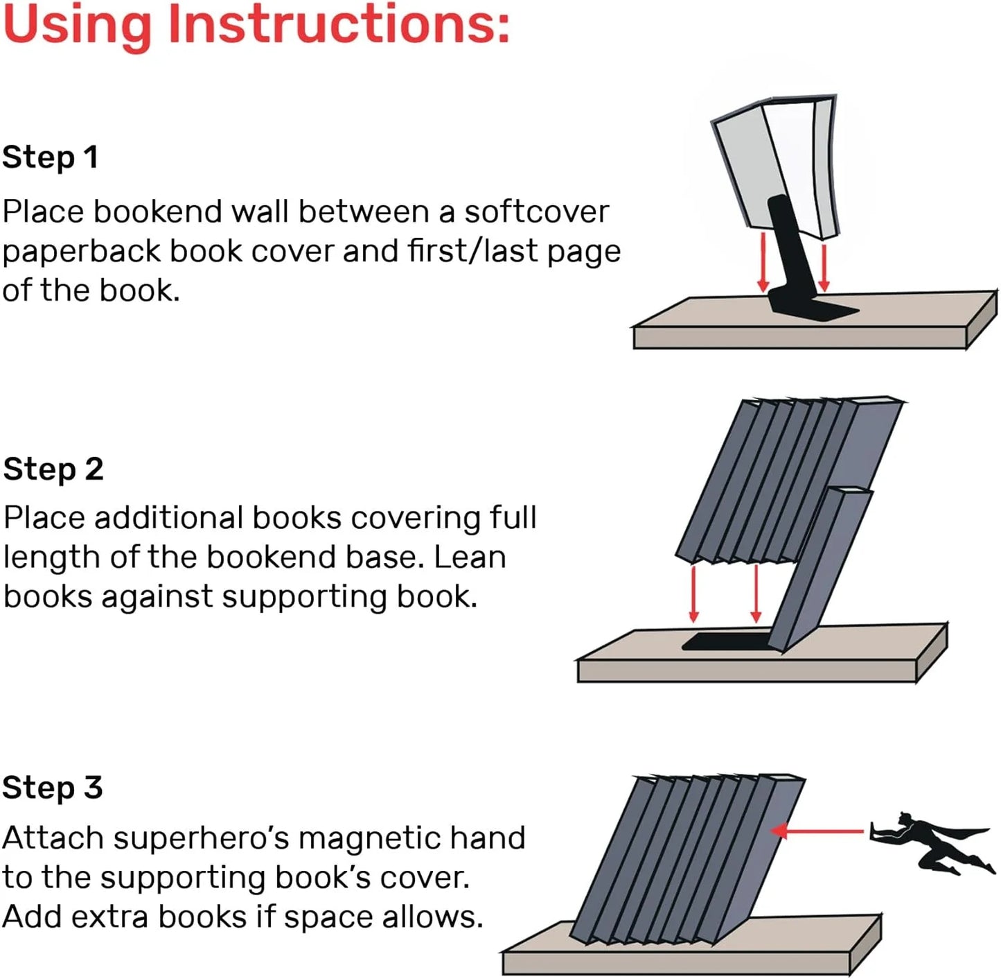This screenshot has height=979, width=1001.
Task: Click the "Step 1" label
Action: click(x=50, y=157)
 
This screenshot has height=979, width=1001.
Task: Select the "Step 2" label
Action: click(x=53, y=469)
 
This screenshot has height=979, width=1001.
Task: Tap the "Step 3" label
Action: click(x=53, y=788)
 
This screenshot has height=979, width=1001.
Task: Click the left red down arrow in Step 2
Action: click(x=693, y=593)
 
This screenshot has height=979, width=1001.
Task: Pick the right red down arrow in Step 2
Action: click(x=756, y=593)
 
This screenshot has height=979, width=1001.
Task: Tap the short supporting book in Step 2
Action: click(x=821, y=569)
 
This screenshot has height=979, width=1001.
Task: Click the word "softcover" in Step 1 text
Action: click(x=536, y=211)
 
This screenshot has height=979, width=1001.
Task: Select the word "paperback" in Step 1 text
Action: click(x=82, y=251)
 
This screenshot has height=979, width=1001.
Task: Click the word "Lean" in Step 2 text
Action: click(x=470, y=557)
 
